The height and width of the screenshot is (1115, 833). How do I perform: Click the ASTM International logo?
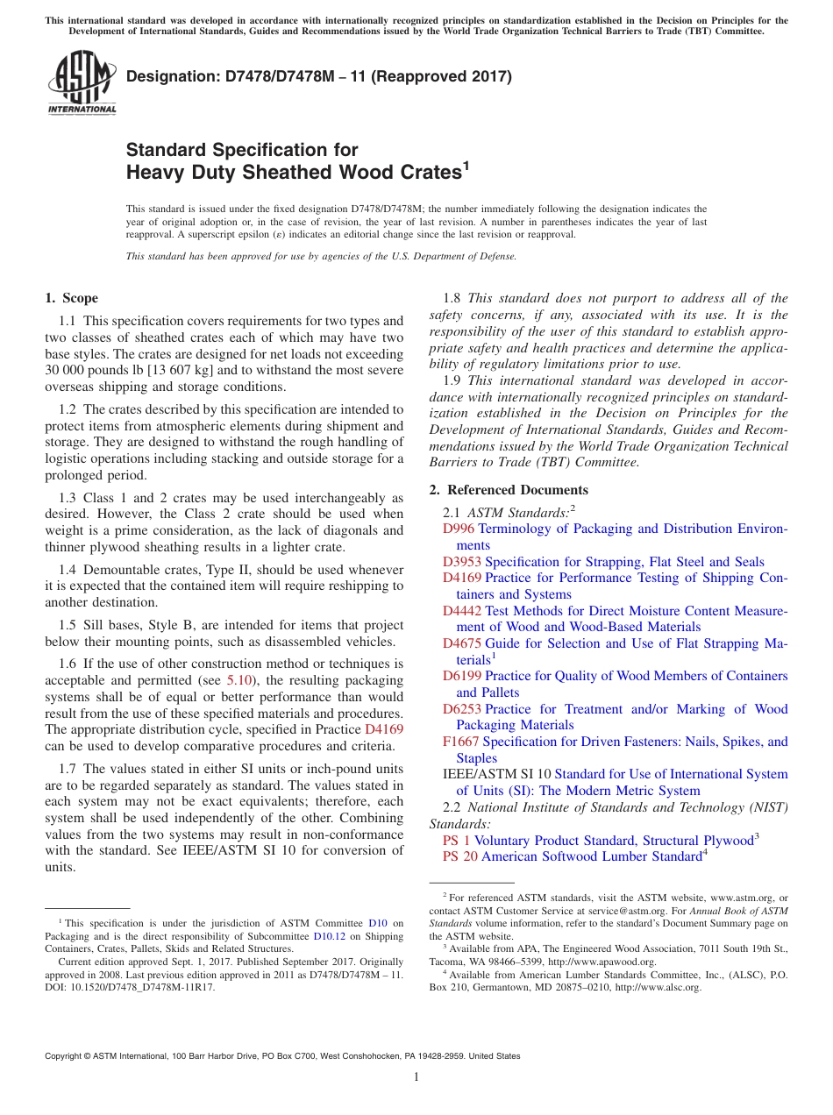82,84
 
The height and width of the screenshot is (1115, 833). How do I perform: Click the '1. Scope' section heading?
72,298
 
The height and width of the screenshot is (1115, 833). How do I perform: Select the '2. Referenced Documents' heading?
509,490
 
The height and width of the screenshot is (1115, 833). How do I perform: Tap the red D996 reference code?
458,529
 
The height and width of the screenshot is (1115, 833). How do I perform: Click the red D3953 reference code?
461,562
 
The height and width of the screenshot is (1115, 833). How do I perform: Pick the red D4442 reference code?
461,611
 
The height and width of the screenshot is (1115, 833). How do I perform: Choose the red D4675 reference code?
461,643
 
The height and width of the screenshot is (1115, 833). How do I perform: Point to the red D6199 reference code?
461,676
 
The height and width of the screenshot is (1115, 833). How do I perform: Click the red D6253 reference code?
461,709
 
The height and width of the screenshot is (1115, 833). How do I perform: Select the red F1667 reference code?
460,742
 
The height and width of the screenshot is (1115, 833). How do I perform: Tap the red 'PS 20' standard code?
460,856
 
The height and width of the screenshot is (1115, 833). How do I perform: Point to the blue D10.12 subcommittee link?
327,935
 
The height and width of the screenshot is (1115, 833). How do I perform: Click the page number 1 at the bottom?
416,1077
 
